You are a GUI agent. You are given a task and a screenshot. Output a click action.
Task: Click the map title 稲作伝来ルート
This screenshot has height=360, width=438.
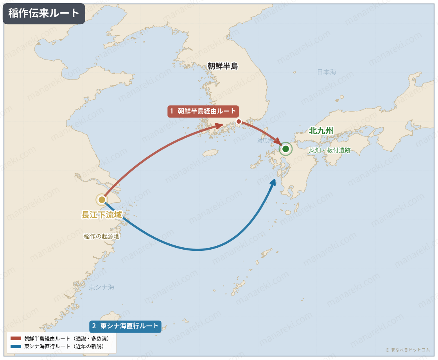click(x=44, y=13)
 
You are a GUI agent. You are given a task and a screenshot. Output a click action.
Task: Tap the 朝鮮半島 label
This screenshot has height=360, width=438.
click(x=223, y=66)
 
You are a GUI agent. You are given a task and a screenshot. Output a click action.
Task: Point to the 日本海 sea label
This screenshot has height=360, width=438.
click(x=327, y=72)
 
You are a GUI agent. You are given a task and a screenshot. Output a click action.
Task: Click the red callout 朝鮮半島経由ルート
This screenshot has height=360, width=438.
click(x=203, y=111)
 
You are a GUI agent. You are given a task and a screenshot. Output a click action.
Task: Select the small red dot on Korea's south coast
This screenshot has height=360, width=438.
click(x=239, y=122)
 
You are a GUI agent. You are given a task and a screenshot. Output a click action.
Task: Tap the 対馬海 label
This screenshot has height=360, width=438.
click(x=265, y=140)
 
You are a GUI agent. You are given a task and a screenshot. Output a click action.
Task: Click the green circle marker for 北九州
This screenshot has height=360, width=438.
click(x=285, y=149)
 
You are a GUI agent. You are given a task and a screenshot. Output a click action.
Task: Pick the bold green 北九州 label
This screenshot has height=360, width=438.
click(x=321, y=131)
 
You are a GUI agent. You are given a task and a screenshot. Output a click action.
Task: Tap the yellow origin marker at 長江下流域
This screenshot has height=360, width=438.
click(x=102, y=200)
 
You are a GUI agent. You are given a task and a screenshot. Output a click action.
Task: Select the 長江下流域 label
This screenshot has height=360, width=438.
click(x=102, y=215)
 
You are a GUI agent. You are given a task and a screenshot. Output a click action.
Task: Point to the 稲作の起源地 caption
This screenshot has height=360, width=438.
click(x=102, y=236)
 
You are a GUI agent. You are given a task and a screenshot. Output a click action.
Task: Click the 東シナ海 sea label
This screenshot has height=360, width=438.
click(x=102, y=287)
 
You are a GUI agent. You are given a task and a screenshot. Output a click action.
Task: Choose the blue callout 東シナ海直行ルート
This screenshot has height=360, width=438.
click(x=125, y=326)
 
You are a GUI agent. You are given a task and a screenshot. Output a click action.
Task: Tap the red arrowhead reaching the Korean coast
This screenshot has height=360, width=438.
click(x=219, y=126)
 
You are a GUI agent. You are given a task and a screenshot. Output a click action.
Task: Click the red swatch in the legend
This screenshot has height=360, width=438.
click(x=16, y=338)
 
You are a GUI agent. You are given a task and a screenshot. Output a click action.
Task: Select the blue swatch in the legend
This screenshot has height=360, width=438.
click(x=16, y=346)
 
